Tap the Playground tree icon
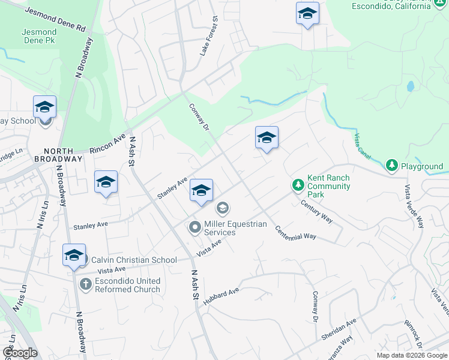pyautogui.click(x=392, y=164)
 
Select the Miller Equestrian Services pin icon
pyautogui.click(x=195, y=227)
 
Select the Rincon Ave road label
pyautogui.click(x=107, y=143)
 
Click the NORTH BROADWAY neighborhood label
pyautogui.click(x=58, y=155)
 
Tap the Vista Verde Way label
pyautogui.click(x=414, y=206)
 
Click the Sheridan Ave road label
pyautogui.click(x=339, y=329)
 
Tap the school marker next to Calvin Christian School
pyautogui.click(x=74, y=255)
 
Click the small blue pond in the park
pyautogui.click(x=410, y=86)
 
